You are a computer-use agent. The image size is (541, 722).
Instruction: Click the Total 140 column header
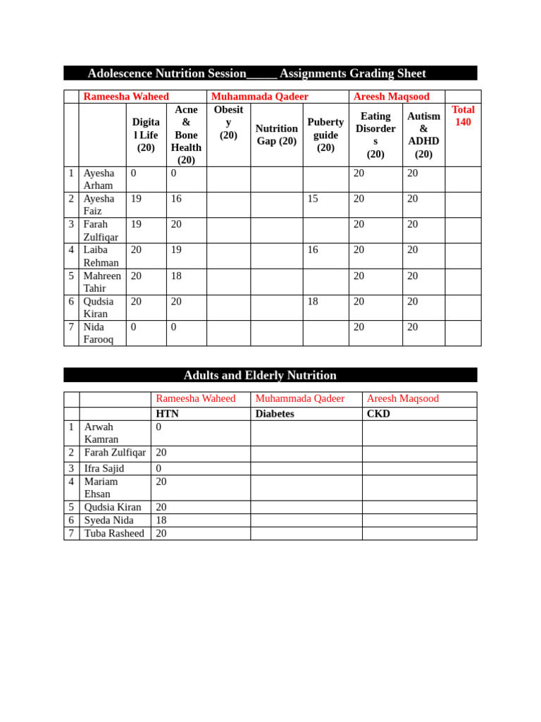[463, 116]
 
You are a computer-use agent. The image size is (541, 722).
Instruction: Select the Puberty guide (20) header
[325, 135]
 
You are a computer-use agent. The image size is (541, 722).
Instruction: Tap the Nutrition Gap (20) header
[276, 135]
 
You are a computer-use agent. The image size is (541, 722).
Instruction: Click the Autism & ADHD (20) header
[423, 135]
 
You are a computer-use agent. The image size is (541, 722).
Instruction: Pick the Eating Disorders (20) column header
[375, 135]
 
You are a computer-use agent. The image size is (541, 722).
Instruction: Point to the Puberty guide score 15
[313, 199]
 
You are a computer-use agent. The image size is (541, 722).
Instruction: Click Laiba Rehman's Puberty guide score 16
[313, 250]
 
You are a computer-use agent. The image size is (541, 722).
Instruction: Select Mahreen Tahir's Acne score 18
[176, 276]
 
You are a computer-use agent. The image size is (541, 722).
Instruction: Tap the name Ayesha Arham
[99, 179]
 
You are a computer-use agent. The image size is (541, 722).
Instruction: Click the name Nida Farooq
[99, 333]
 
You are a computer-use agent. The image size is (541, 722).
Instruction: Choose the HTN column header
[167, 414]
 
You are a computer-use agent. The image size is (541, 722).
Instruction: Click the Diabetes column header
[275, 414]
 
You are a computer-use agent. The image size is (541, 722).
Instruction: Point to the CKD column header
[378, 414]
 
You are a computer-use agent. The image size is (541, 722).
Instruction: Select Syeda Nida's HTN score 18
[161, 520]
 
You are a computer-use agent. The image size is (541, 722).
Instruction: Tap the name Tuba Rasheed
[114, 533]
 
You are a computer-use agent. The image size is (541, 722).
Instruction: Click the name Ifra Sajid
[104, 468]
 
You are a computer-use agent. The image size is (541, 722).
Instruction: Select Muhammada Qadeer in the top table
[260, 97]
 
